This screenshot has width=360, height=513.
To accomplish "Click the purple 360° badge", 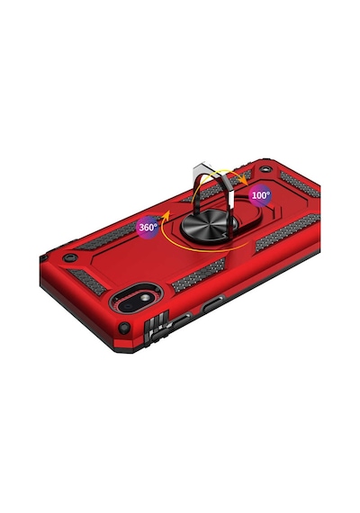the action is pyautogui.click(x=148, y=227).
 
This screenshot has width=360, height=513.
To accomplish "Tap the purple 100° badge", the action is pyautogui.click(x=260, y=195).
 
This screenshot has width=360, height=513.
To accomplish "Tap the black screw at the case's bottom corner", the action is pyautogui.click(x=124, y=328).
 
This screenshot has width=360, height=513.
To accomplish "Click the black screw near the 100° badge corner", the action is pyautogui.click(x=265, y=170).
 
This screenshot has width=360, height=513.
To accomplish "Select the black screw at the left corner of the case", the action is pyautogui.click(x=68, y=257).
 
